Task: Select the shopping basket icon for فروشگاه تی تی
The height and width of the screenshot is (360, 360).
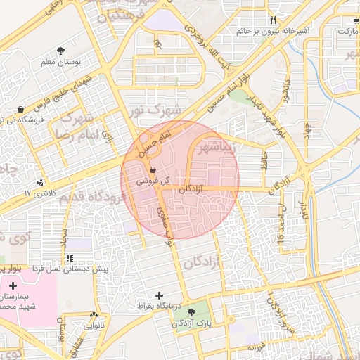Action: click(x=20, y=110)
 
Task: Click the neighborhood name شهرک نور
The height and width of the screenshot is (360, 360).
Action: click(x=155, y=111)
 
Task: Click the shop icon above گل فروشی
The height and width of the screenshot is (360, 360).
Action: click(x=153, y=169)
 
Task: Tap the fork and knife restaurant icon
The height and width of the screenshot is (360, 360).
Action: click(x=273, y=20)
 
